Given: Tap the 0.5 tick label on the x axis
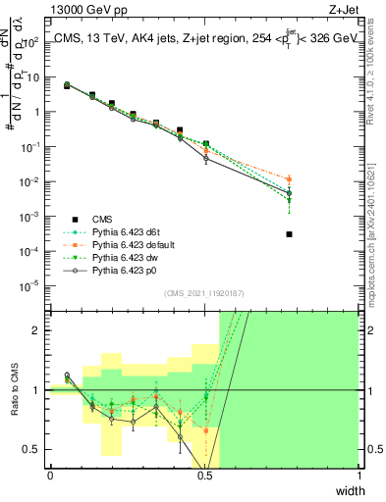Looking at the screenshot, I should tap(204, 475).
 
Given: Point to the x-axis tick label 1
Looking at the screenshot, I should tap(358, 475).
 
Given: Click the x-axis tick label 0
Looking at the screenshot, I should tap(50, 475).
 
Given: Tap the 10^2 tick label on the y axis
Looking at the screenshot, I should tap(32, 42).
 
